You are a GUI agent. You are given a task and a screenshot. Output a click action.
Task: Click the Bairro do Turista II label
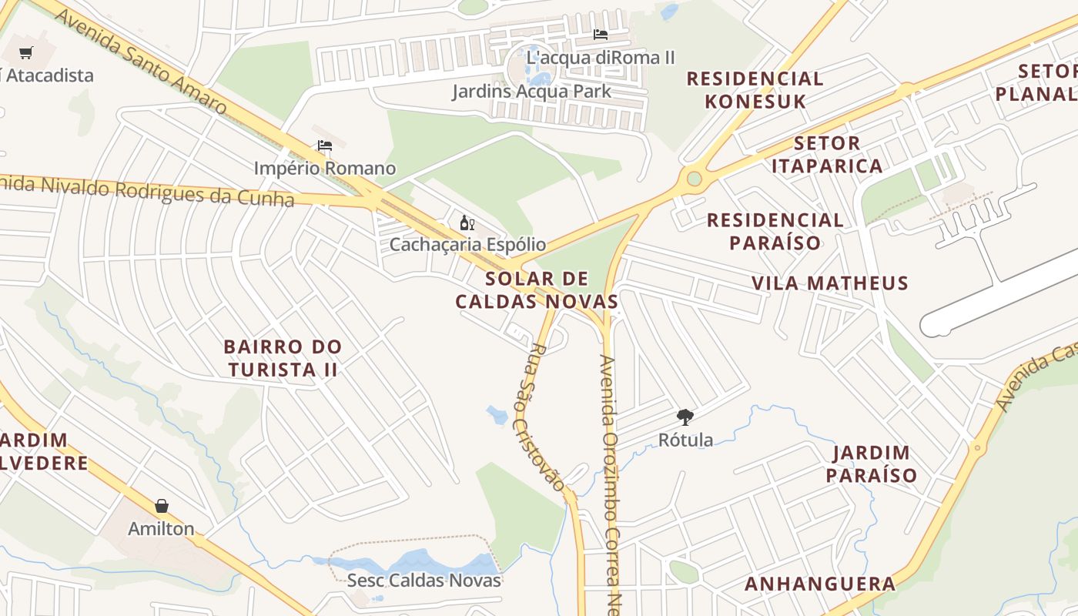[283, 358]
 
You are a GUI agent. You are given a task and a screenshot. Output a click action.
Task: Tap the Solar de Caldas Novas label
[537, 290]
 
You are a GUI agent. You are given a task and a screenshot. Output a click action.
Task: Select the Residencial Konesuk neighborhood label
[755, 89]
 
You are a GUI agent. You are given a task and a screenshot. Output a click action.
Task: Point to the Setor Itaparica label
[826, 155]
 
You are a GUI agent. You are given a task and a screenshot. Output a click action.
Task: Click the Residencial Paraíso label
[775, 231]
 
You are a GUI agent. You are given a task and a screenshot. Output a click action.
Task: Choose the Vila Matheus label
[830, 283]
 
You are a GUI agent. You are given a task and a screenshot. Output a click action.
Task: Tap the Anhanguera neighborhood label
[820, 584]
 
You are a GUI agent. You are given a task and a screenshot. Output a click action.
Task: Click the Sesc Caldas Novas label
[423, 580]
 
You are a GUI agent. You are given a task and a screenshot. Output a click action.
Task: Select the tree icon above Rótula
[685, 418]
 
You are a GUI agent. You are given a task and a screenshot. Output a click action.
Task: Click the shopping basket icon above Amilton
[162, 506]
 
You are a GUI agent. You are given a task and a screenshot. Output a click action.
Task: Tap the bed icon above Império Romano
[325, 146]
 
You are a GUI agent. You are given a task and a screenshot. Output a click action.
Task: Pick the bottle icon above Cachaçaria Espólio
[467, 223]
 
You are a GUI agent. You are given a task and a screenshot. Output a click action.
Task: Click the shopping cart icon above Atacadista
[26, 52]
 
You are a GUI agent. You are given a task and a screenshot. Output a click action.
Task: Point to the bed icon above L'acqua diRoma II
[601, 35]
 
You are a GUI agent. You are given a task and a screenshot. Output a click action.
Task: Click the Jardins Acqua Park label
[531, 91]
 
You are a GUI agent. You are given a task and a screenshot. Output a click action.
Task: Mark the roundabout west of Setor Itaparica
[694, 179]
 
